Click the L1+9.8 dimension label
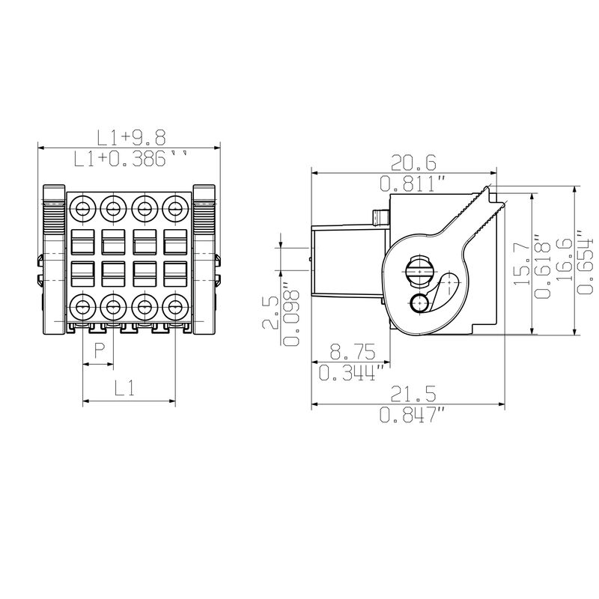point(132,138)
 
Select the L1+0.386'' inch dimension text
point(130,159)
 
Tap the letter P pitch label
point(100,350)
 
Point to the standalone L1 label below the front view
point(125,388)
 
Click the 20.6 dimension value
point(413,163)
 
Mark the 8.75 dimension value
point(353,351)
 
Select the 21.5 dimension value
point(413,394)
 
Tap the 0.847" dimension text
point(413,415)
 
